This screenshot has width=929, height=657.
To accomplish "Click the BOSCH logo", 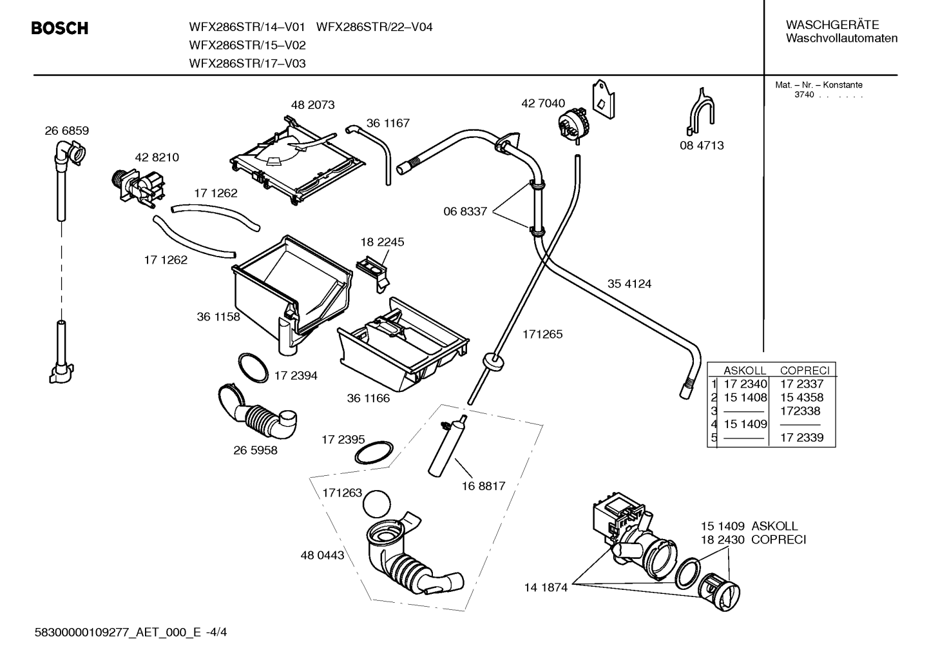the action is click(x=60, y=28).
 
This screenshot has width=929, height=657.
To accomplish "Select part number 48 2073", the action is click(x=312, y=104).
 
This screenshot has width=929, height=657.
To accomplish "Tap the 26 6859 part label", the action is click(x=67, y=130).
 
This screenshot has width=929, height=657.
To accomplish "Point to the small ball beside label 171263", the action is click(x=377, y=504).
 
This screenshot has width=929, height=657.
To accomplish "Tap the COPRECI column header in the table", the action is click(x=805, y=370).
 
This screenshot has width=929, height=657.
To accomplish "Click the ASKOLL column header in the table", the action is click(x=745, y=370).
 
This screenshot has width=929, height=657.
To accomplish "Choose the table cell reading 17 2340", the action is click(x=745, y=384).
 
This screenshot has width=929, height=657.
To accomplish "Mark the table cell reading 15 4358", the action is click(x=801, y=397).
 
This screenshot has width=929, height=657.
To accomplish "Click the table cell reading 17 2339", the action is click(x=801, y=437).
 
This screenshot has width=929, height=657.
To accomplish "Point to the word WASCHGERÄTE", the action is click(x=832, y=25).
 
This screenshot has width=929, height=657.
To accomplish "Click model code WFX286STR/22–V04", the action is click(x=374, y=27).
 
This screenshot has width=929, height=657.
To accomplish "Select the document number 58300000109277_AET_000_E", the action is click(x=118, y=632).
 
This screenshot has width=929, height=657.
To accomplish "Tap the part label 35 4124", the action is click(x=629, y=284).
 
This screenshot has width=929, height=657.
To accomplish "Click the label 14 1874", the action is click(x=546, y=587).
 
